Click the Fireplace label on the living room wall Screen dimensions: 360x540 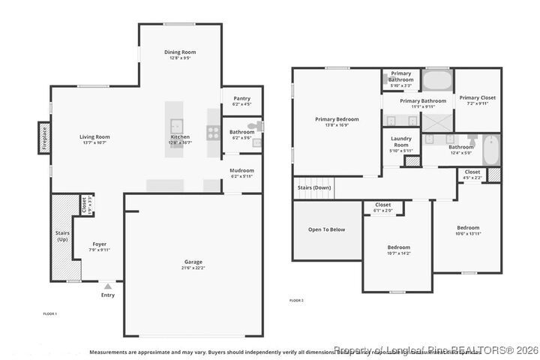(x=45, y=139)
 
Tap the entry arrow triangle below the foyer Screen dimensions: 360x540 (x=108, y=286)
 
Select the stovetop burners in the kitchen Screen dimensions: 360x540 (x=214, y=133)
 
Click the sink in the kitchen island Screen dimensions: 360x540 (x=177, y=126)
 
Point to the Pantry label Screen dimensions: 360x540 (x=241, y=98)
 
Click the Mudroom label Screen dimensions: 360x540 (x=241, y=170)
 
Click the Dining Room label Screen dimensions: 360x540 (x=180, y=52)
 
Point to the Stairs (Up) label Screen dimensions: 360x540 (x=62, y=236)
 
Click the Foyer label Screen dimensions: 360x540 (x=99, y=244)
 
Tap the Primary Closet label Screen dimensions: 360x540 (x=478, y=97)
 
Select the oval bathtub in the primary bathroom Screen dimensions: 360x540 (x=436, y=79)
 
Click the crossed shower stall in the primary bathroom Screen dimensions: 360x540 (x=437, y=122)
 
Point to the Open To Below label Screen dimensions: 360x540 (x=326, y=229)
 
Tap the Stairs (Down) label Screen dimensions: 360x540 (x=314, y=187)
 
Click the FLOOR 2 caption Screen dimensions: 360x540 (x=296, y=301)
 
